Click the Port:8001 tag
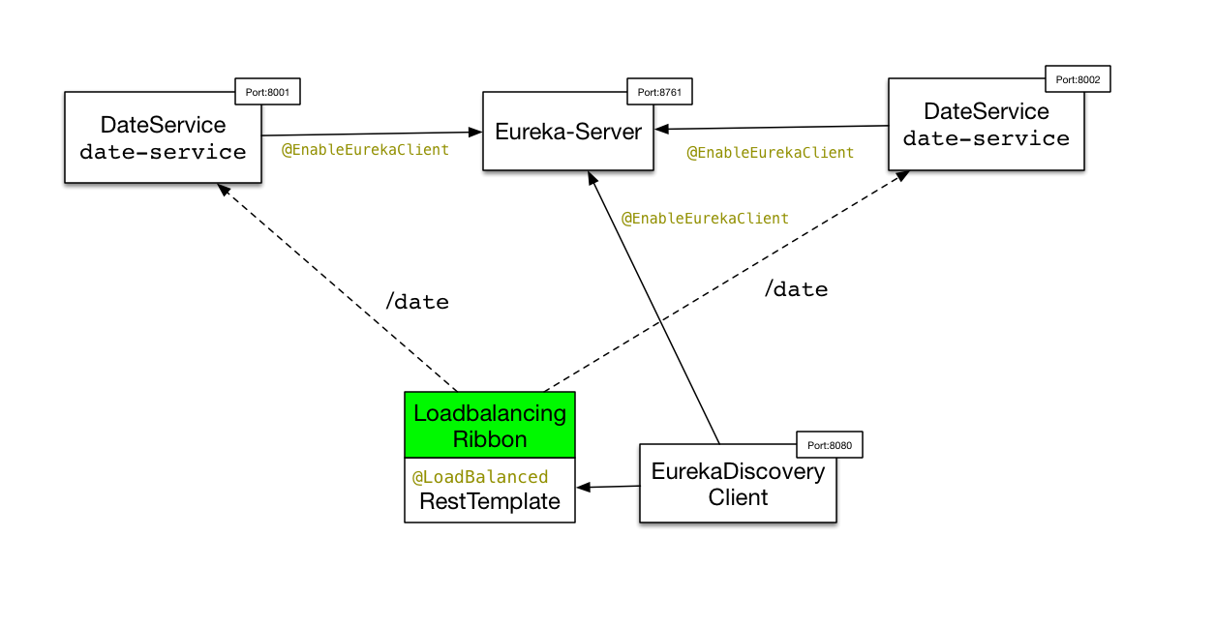pyautogui.click(x=268, y=92)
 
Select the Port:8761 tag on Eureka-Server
pyautogui.click(x=659, y=92)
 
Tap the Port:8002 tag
pyautogui.click(x=1078, y=79)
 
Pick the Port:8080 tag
pyautogui.click(x=828, y=445)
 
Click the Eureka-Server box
pyautogui.click(x=568, y=133)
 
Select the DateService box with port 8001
pyautogui.click(x=163, y=137)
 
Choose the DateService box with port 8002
pyautogui.click(x=986, y=124)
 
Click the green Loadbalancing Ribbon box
pyautogui.click(x=490, y=426)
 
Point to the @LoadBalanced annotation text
pyautogui.click(x=480, y=477)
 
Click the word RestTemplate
pyautogui.click(x=490, y=501)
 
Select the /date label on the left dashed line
pyautogui.click(x=417, y=302)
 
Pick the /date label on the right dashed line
pyautogui.click(x=796, y=289)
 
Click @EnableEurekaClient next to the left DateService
pyautogui.click(x=365, y=150)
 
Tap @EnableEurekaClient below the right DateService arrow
pyautogui.click(x=771, y=153)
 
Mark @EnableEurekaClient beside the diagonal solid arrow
pyautogui.click(x=705, y=219)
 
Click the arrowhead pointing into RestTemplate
pyautogui.click(x=583, y=487)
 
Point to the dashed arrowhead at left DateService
pyautogui.click(x=225, y=190)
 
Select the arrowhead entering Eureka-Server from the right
pyautogui.click(x=660, y=129)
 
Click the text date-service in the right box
pyautogui.click(x=986, y=138)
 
